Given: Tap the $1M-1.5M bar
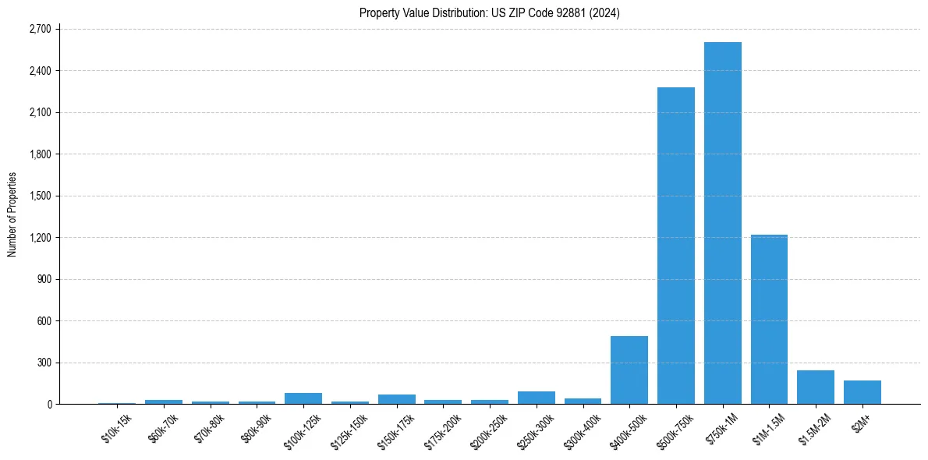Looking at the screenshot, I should pos(769,319).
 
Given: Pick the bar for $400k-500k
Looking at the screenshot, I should pos(629,370).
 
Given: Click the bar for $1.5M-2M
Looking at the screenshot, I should pos(816,387).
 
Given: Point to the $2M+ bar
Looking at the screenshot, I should pos(862,392).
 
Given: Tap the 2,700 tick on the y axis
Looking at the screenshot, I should pos(39,29).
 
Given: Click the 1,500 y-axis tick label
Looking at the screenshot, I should pos(39,196).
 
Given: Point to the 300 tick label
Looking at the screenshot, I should pos(44,363).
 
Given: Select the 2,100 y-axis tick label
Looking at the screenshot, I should pos(39,112).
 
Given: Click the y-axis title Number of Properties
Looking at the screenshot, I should pos(12,214).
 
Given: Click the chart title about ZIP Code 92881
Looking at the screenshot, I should pos(489,12).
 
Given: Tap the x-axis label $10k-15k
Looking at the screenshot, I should pos(117,428).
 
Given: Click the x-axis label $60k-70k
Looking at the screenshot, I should pos(164,428).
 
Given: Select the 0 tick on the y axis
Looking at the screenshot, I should pos(48,404).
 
